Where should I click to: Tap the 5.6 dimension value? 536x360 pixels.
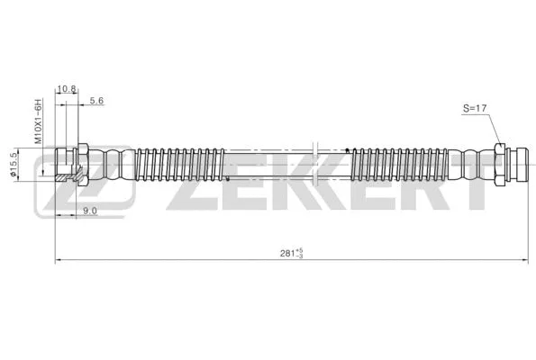(97, 102)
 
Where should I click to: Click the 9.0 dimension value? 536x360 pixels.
(89, 210)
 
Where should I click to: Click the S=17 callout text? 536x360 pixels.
(475, 109)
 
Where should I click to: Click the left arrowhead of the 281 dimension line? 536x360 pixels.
(59, 260)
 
